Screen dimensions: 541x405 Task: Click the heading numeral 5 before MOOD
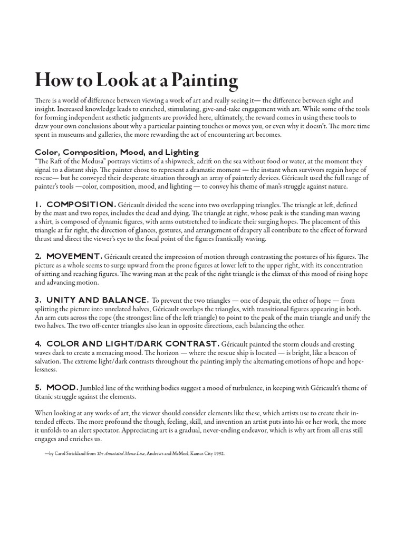click(38, 388)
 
